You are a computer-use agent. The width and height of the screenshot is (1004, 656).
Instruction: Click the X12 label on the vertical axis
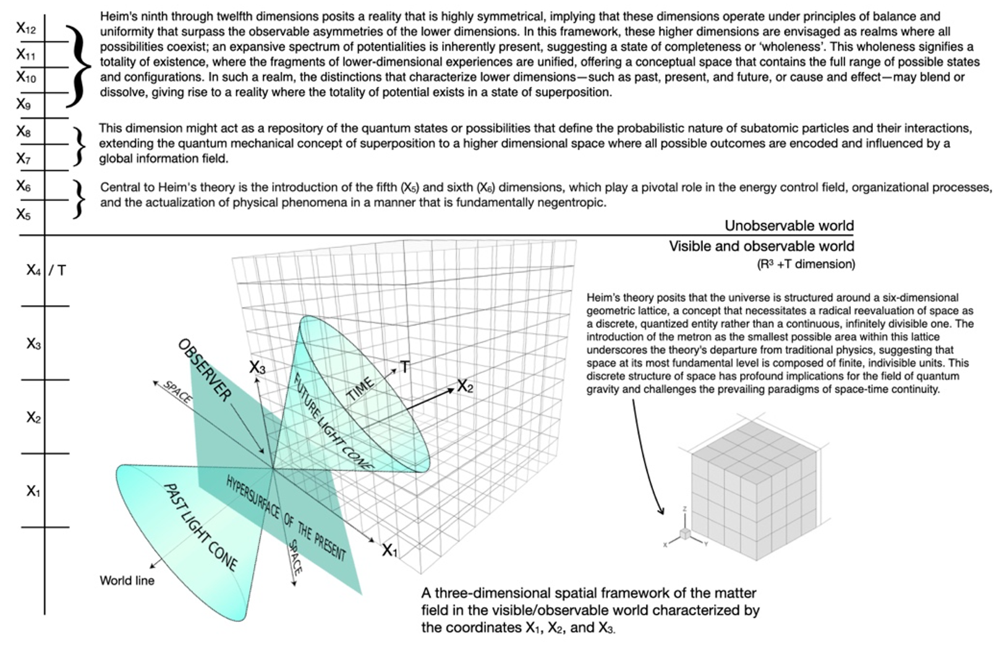pyautogui.click(x=26, y=28)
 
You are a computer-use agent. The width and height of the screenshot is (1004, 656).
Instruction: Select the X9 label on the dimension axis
pyautogui.click(x=23, y=105)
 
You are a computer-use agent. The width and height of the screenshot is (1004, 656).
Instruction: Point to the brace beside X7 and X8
pyautogui.click(x=78, y=145)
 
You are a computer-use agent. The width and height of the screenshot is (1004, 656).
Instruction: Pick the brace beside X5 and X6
pyautogui.click(x=78, y=199)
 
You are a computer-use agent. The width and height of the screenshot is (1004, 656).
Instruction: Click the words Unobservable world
pyautogui.click(x=789, y=226)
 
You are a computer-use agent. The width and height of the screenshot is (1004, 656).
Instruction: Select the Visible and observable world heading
pyautogui.click(x=761, y=246)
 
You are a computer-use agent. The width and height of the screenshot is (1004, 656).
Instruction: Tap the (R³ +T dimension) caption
pyautogui.click(x=806, y=264)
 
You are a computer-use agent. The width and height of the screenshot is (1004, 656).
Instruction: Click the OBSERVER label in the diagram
pyautogui.click(x=205, y=369)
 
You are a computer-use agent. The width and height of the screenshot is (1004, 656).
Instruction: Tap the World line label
pyautogui.click(x=127, y=580)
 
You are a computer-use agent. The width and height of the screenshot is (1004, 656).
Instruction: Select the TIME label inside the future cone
pyautogui.click(x=360, y=389)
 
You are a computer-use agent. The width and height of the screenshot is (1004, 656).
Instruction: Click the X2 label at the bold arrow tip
pyautogui.click(x=465, y=387)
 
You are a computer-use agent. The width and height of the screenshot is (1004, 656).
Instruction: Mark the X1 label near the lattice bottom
pyautogui.click(x=389, y=550)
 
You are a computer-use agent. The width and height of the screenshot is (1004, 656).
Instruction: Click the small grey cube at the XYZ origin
pyautogui.click(x=685, y=534)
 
